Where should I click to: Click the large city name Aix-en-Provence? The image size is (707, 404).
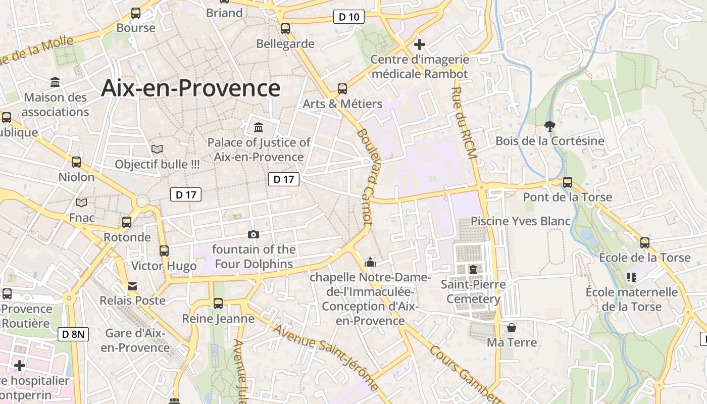pyautogui.click(x=190, y=88)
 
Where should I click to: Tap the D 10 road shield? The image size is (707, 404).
pyautogui.click(x=349, y=17)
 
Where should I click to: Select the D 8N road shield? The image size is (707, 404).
pyautogui.click(x=73, y=334)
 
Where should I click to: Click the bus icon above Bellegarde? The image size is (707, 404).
pyautogui.click(x=285, y=28)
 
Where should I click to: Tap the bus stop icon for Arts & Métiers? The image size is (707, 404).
pyautogui.click(x=342, y=89)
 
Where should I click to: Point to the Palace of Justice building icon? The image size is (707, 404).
pyautogui.click(x=259, y=127)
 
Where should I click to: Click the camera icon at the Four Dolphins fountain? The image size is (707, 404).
pyautogui.click(x=254, y=234)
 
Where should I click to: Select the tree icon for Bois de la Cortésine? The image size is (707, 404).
pyautogui.click(x=550, y=126)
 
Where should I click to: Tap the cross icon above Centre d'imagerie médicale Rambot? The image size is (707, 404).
pyautogui.click(x=419, y=44)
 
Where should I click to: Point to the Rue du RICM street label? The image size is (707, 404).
pyautogui.click(x=464, y=123)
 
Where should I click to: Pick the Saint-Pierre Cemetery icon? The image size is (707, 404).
pyautogui.click(x=473, y=270)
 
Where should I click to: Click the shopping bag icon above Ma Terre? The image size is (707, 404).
pyautogui.click(x=512, y=328)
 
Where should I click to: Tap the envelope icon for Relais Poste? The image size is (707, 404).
pyautogui.click(x=132, y=286)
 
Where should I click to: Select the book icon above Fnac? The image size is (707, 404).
pyautogui.click(x=81, y=203)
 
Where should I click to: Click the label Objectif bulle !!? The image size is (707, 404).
pyautogui.click(x=157, y=164)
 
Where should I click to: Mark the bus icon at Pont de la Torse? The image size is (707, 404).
pyautogui.click(x=568, y=182)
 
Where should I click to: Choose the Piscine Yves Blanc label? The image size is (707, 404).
pyautogui.click(x=521, y=221)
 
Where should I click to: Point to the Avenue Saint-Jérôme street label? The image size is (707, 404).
pyautogui.click(x=326, y=358)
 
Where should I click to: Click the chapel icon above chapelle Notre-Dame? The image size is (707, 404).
pyautogui.click(x=370, y=262)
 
